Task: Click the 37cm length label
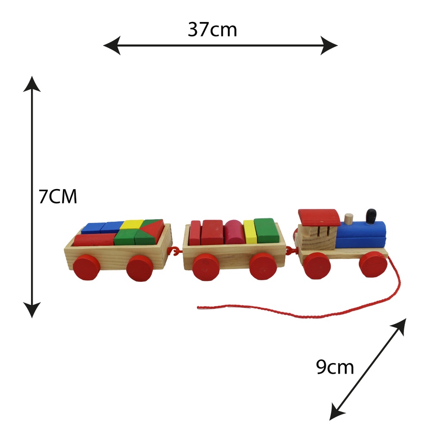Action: click(x=212, y=30)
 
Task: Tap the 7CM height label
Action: click(x=58, y=197)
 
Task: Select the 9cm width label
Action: click(x=335, y=367)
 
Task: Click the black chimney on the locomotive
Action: click(x=371, y=216)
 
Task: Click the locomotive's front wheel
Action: click(x=373, y=264)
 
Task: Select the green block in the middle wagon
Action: click(x=265, y=230)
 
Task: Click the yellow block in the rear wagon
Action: click(x=132, y=224)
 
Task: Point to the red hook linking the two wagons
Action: click(x=176, y=251)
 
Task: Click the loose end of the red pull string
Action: click(x=199, y=307)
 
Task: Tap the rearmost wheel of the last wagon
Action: click(x=86, y=267)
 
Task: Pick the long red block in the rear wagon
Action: click(x=93, y=239)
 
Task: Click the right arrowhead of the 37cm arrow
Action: click(x=330, y=45)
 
